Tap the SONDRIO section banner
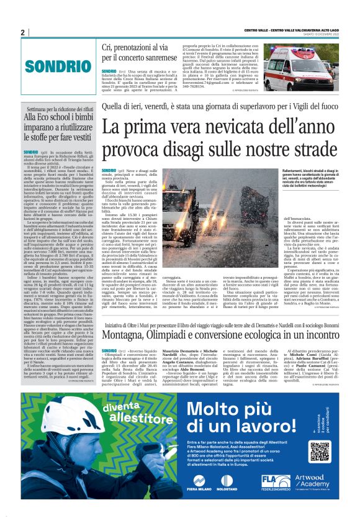[52, 65]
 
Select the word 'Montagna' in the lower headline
[128, 335]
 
